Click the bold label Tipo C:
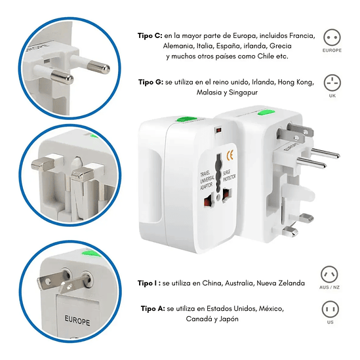point(150,36)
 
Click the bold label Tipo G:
point(151,82)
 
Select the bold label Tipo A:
point(153,309)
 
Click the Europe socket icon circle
point(332,37)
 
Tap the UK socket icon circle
point(332,83)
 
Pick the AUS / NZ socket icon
point(329,274)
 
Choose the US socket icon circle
point(330,310)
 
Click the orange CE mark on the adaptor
point(230,155)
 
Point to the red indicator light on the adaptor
point(218,130)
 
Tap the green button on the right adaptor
point(266,113)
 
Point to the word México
point(271,309)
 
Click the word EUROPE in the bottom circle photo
point(77,320)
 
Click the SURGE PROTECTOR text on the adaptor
point(229,176)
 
